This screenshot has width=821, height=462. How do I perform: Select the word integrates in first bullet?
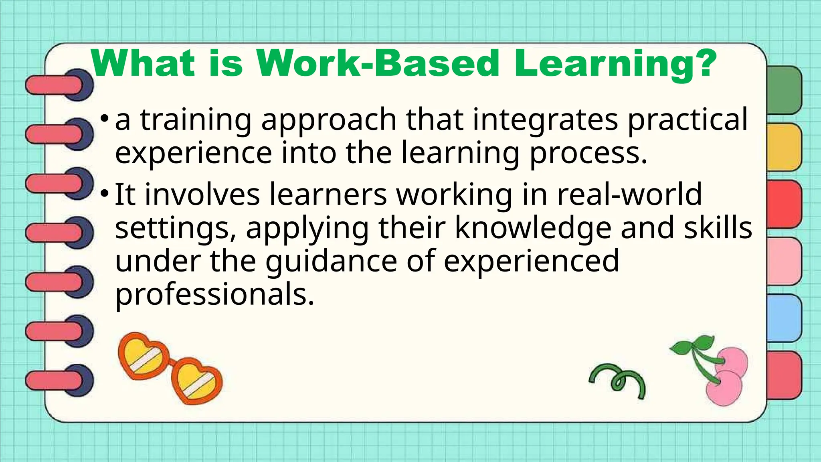(545, 120)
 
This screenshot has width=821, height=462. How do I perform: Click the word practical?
(688, 120)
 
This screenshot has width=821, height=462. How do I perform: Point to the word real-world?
(629, 195)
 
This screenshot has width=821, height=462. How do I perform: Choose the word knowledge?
(533, 228)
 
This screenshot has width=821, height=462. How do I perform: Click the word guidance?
(331, 261)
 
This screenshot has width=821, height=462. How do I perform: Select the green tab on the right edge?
(784, 90)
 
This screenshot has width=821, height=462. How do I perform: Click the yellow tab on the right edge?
(784, 147)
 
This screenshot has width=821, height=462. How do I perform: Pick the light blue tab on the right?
(784, 318)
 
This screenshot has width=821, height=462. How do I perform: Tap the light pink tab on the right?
(784, 261)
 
